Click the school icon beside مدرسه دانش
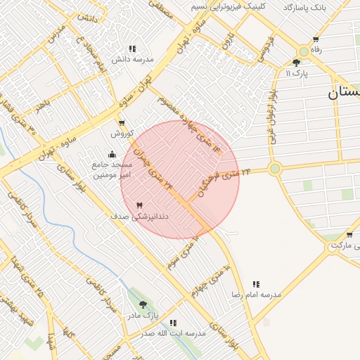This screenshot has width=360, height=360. click(132, 49)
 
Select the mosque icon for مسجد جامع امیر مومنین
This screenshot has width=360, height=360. click(112, 155)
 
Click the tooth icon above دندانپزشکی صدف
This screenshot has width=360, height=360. click(139, 205)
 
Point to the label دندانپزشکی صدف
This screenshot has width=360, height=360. click(140, 217)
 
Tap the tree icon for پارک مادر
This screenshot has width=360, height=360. click(143, 304)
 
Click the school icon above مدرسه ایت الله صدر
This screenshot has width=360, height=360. click(173, 323)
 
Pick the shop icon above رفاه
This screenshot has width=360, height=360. click(316, 39)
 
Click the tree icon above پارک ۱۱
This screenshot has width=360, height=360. click(296, 63)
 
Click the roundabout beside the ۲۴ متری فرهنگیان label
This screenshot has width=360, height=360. click(274, 169)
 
